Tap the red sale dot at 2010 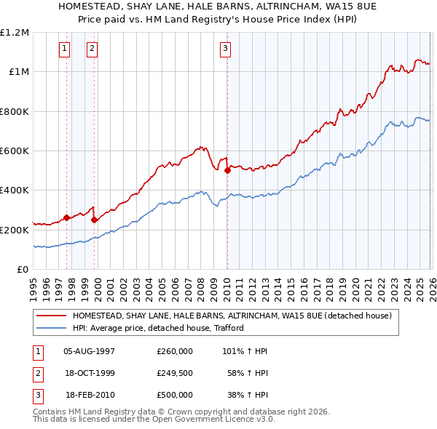227,171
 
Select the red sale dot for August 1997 66,217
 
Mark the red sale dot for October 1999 95,220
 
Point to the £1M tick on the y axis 18,72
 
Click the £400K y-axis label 15,191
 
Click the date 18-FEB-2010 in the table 90,395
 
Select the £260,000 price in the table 174,351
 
